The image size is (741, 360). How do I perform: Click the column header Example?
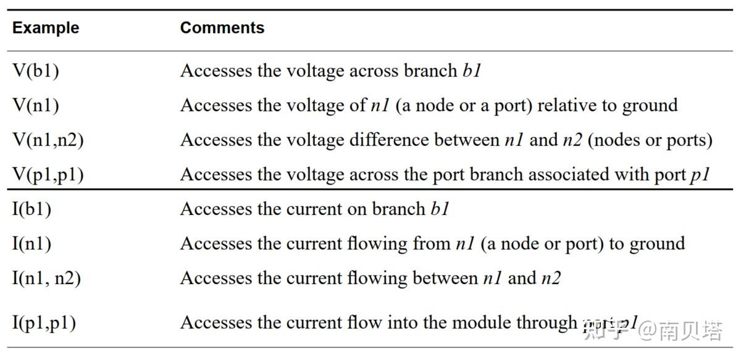[46, 28]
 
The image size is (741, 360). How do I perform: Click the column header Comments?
[222, 28]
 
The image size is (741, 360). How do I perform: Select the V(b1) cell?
[36, 70]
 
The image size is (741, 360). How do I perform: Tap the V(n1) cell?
[36, 105]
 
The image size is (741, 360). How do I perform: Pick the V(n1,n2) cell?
[48, 140]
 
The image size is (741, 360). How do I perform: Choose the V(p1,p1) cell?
[48, 175]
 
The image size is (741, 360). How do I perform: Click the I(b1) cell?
[32, 209]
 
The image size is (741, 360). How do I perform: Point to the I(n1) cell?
[32, 243]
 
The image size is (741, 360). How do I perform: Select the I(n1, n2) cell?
[46, 278]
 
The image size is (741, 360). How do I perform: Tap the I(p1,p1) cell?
[44, 323]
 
